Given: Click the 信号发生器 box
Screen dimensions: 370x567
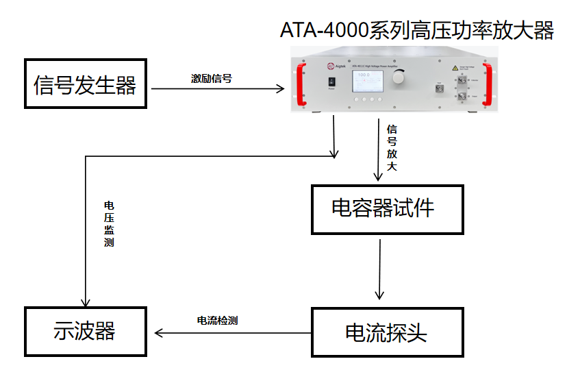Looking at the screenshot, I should (86, 84).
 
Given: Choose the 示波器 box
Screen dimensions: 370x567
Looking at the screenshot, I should (86, 332).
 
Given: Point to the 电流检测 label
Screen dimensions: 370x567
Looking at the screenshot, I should (217, 320).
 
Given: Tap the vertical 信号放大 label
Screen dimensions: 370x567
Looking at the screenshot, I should (392, 147).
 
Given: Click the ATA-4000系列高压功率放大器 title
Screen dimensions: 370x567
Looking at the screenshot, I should (416, 31).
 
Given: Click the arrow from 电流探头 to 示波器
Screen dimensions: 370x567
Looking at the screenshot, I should (233, 333).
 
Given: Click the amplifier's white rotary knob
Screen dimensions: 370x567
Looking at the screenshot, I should (398, 79).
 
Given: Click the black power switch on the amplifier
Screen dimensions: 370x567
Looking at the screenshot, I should (331, 81).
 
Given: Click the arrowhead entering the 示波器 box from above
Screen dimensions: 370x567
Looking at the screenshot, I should (85, 302).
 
